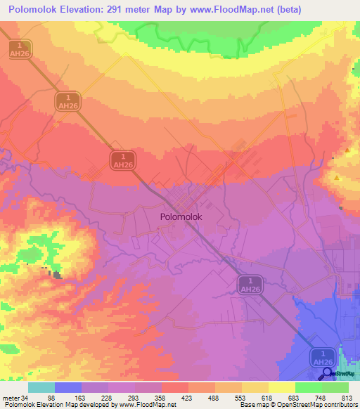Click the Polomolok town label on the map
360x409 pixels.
click(x=181, y=217)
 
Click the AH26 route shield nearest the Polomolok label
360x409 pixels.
click(x=123, y=159)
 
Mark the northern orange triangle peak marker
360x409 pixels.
click(x=347, y=150)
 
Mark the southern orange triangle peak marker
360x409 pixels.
click(x=337, y=178)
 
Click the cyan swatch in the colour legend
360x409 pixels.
click(x=41, y=387)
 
